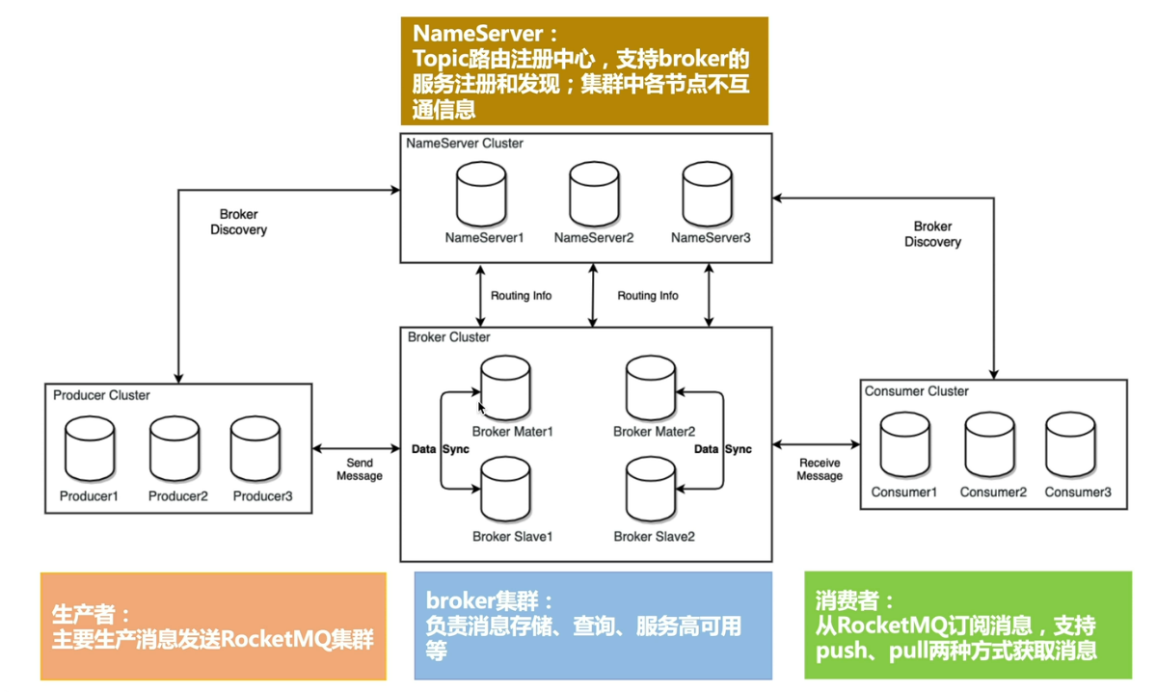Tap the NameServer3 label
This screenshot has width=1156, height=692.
pyautogui.click(x=711, y=238)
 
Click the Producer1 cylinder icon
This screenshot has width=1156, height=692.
pyautogui.click(x=90, y=449)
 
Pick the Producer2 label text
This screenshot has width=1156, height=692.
pyautogui.click(x=178, y=496)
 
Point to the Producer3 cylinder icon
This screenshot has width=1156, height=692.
pyautogui.click(x=256, y=449)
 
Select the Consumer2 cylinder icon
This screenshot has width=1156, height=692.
pyautogui.click(x=990, y=446)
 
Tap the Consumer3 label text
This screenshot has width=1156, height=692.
pyautogui.click(x=1078, y=492)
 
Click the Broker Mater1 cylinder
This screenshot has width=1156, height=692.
pyautogui.click(x=506, y=388)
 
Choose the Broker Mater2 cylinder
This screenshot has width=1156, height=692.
pyautogui.click(x=652, y=388)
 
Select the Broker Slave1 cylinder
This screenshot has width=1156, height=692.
pyautogui.click(x=506, y=490)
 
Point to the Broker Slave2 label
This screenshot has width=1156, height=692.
pyautogui.click(x=654, y=536)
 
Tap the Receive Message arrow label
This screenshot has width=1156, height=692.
pyautogui.click(x=820, y=469)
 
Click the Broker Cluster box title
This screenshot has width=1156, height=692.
pyautogui.click(x=449, y=337)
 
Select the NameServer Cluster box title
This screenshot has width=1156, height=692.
pyautogui.click(x=466, y=144)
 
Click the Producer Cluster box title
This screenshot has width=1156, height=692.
pyautogui.click(x=101, y=395)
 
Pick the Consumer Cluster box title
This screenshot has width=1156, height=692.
pyautogui.click(x=917, y=391)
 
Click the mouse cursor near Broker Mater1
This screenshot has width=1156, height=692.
pyautogui.click(x=482, y=409)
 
